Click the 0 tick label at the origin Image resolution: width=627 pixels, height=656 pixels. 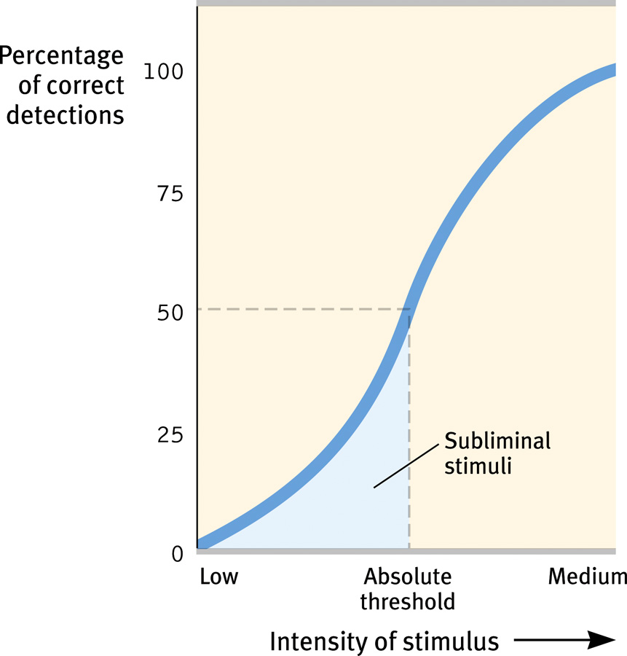(x=177, y=554)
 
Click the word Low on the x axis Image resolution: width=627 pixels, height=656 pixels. (x=218, y=577)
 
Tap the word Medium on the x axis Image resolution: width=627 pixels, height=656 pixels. (x=587, y=577)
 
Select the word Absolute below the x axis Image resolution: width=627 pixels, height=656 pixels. (x=408, y=577)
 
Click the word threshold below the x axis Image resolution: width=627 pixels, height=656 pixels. (x=410, y=602)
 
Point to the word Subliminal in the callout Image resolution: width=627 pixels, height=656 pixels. (x=497, y=441)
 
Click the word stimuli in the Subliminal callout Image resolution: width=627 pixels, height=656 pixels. (x=477, y=465)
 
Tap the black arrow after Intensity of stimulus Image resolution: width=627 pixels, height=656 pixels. (x=564, y=641)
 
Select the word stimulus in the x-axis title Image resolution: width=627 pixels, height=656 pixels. (x=454, y=641)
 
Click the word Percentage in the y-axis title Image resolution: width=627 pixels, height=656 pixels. (x=62, y=55)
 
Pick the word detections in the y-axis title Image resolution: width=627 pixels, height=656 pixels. (x=65, y=115)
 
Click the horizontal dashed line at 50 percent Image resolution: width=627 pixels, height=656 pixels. (x=291, y=309)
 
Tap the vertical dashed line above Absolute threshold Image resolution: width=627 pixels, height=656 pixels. (x=409, y=437)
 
